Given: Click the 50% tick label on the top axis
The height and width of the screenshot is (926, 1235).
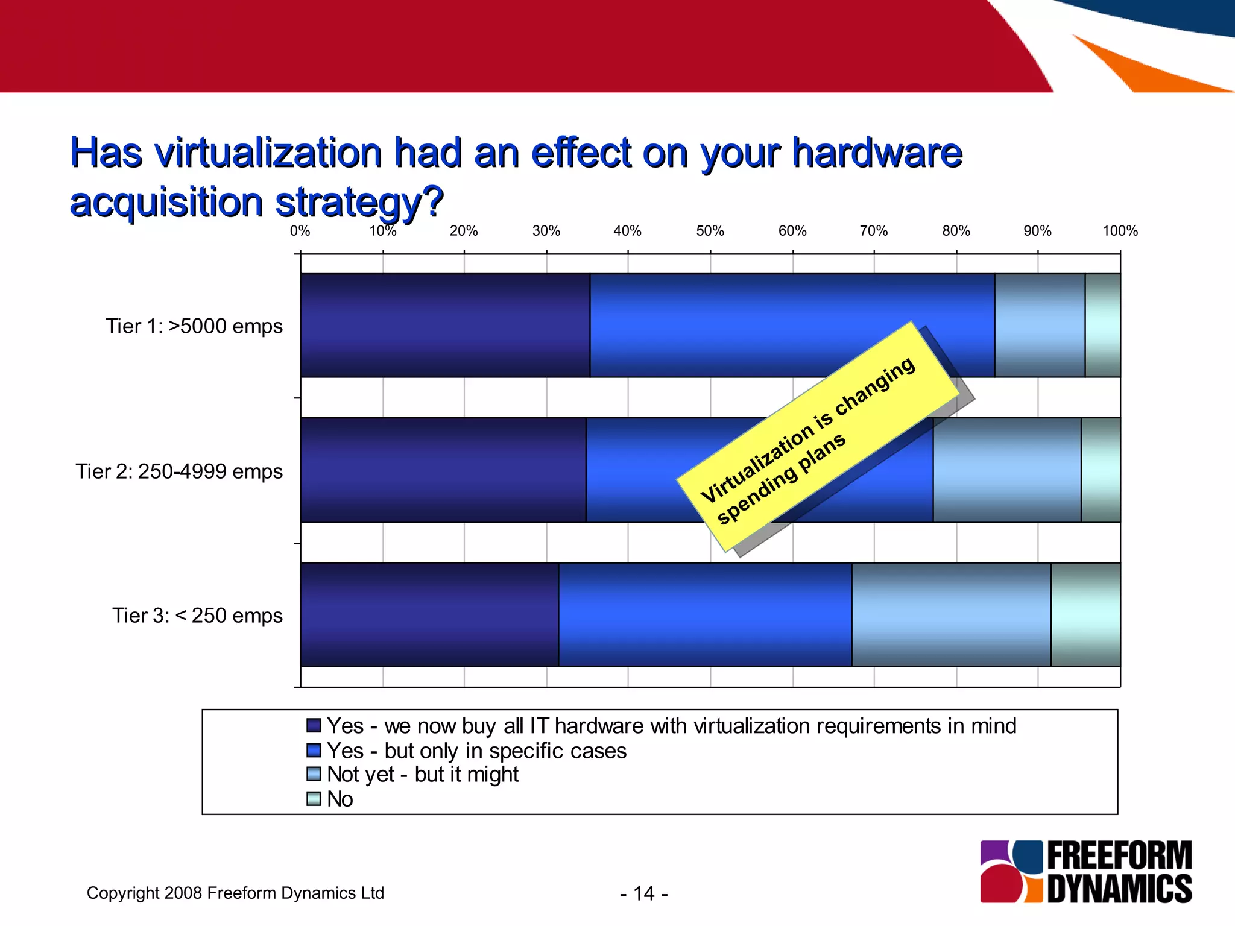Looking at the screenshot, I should click(710, 231).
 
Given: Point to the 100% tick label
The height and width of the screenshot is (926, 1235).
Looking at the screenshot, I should click(1120, 231).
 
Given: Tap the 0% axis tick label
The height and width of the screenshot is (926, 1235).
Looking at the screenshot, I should click(300, 231).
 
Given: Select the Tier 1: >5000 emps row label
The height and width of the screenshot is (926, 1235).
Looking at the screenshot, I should click(194, 326).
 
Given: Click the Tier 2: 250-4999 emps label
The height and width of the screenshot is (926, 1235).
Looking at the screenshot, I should click(179, 471).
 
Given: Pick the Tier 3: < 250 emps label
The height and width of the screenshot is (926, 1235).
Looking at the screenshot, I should click(197, 616).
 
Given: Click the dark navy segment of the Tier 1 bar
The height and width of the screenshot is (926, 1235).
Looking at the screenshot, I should click(445, 326).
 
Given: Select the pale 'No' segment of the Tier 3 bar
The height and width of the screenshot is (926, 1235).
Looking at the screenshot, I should click(1085, 615).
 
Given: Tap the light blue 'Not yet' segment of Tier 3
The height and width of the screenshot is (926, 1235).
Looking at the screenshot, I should click(951, 615).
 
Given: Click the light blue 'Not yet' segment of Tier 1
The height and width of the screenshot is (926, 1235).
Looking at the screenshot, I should click(1040, 326).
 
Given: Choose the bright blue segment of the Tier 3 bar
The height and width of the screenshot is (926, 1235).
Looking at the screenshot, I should click(705, 615).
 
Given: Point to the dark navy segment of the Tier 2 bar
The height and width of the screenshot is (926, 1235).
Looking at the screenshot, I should click(443, 470).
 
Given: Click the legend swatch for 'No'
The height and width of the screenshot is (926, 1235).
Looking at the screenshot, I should click(314, 799).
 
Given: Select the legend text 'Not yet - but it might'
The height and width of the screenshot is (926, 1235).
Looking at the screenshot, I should click(422, 775).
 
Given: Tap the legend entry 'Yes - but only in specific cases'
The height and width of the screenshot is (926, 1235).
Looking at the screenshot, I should click(476, 751).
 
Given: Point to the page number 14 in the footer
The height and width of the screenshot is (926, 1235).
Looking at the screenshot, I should click(643, 893).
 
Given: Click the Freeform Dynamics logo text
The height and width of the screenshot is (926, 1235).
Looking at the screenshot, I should click(1119, 872).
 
